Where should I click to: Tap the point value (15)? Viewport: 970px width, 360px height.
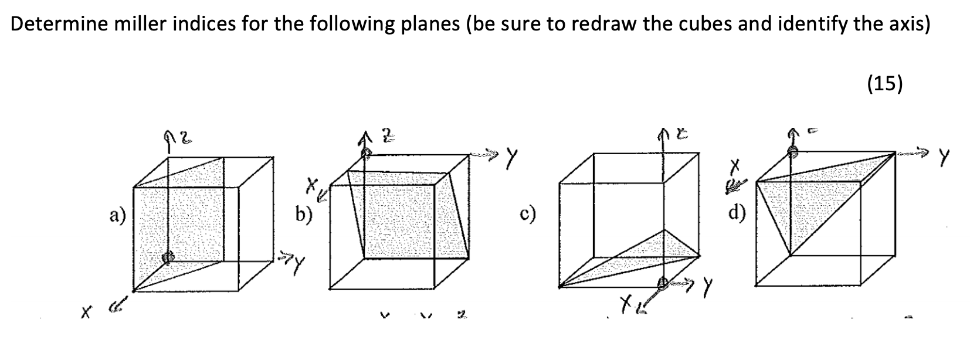click(884, 84)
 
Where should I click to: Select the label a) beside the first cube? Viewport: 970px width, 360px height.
click(117, 216)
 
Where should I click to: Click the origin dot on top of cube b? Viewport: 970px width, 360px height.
click(365, 153)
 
